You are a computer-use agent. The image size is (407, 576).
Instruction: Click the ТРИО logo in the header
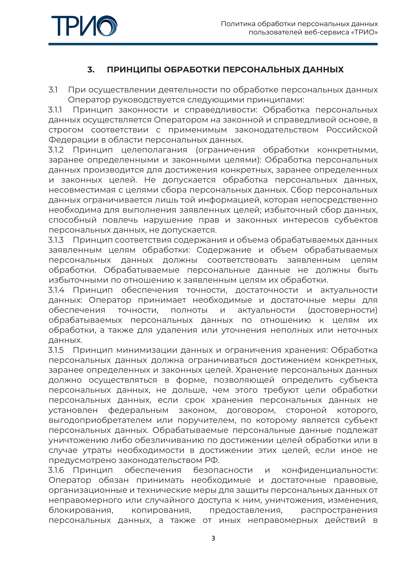pyautogui.click(x=84, y=26)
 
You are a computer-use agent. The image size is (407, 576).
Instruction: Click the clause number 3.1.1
pyautogui.click(x=55, y=110)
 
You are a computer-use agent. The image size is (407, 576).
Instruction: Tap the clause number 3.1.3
pyautogui.click(x=56, y=240)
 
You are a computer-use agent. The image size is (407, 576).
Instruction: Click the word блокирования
pyautogui.click(x=81, y=510)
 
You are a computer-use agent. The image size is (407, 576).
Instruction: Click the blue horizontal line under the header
pyautogui.click(x=213, y=44)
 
